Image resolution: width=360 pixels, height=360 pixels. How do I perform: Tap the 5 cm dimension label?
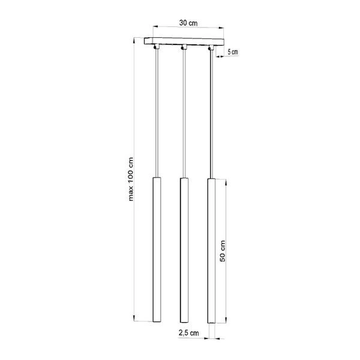click(x=233, y=52)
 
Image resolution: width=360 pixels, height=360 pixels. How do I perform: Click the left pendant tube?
click(x=156, y=252)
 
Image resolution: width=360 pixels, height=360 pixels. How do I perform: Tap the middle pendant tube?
click(x=184, y=252)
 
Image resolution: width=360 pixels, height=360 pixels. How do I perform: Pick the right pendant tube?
click(x=211, y=252)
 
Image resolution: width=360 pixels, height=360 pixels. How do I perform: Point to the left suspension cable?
click(x=156, y=114)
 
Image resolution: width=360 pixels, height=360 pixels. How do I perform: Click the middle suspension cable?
click(x=184, y=114)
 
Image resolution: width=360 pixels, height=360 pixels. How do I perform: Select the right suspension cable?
click(x=211, y=114)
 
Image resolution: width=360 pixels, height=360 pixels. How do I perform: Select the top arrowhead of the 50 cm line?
click(x=227, y=181)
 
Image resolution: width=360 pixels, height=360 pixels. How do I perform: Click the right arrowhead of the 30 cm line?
click(x=220, y=27)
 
